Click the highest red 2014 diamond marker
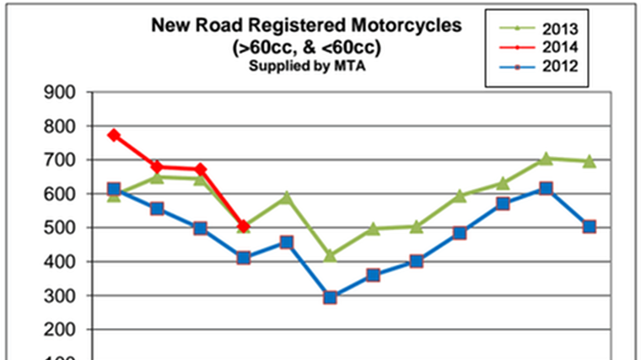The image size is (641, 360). tap(114, 135)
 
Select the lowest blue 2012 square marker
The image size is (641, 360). tap(330, 297)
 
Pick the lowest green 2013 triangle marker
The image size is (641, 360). tap(330, 255)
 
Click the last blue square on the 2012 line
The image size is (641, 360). tap(590, 227)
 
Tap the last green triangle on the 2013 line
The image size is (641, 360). tap(590, 160)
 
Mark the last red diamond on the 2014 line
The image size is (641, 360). tap(244, 226)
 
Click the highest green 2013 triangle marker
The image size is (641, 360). tap(546, 158)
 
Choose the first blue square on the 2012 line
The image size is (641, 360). tap(114, 189)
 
